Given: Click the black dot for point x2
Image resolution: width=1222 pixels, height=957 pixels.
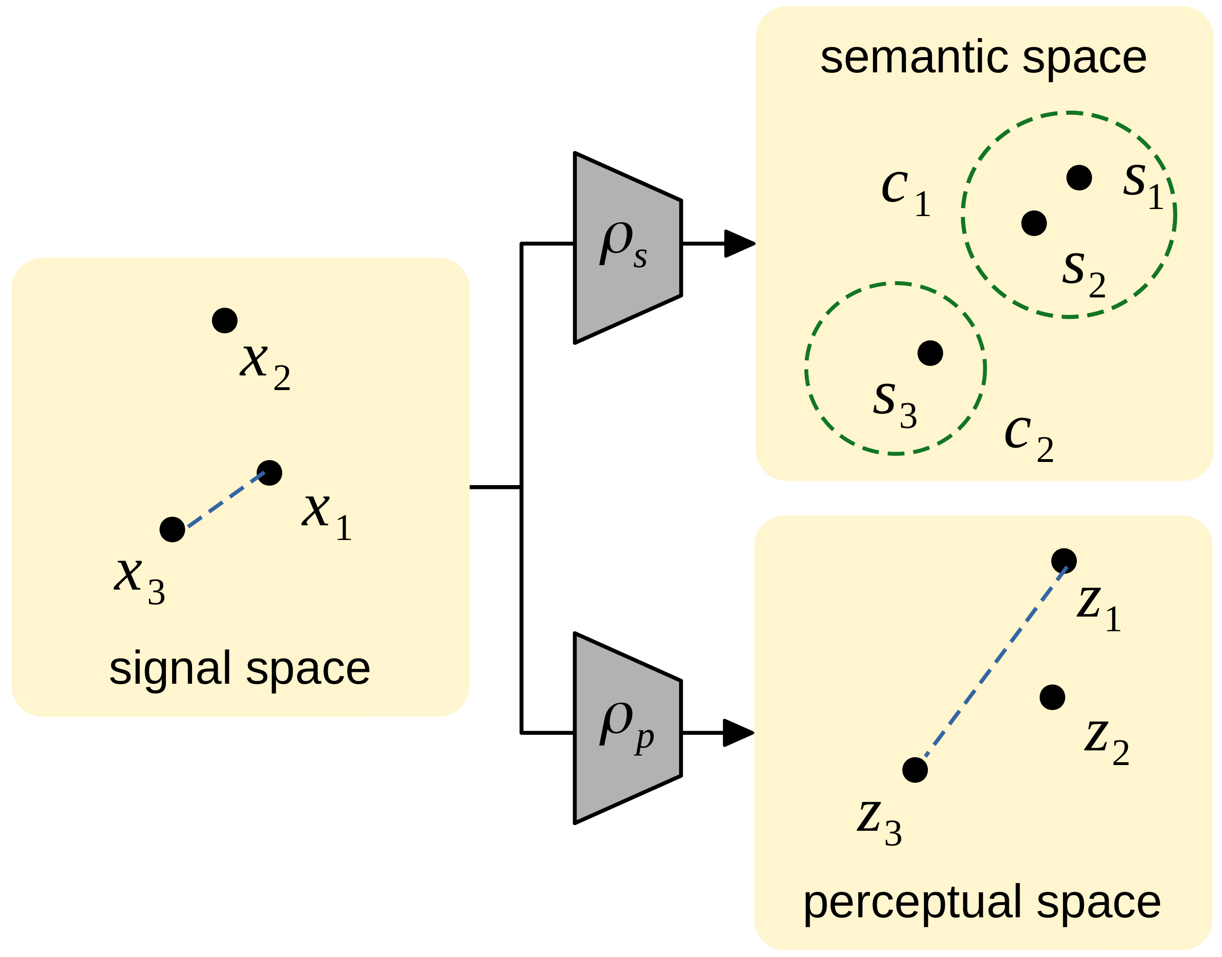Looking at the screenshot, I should (225, 321).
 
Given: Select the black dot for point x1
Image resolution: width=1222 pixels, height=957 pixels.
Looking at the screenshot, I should (270, 473).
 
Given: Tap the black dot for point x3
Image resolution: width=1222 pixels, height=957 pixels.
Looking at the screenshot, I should (173, 530).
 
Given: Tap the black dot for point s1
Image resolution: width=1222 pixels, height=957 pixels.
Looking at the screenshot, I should (1079, 178).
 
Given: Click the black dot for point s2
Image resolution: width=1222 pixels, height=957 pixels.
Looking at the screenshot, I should (1034, 223).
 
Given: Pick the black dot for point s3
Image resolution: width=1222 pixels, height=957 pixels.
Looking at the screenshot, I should (931, 353).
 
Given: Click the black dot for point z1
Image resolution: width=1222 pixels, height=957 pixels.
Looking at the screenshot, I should (1064, 560).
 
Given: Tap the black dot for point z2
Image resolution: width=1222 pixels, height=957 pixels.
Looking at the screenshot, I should (1052, 697).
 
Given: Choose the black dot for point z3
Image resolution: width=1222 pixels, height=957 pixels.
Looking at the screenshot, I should (915, 770).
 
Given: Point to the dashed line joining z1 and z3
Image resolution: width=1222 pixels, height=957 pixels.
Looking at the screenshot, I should (989, 666).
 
